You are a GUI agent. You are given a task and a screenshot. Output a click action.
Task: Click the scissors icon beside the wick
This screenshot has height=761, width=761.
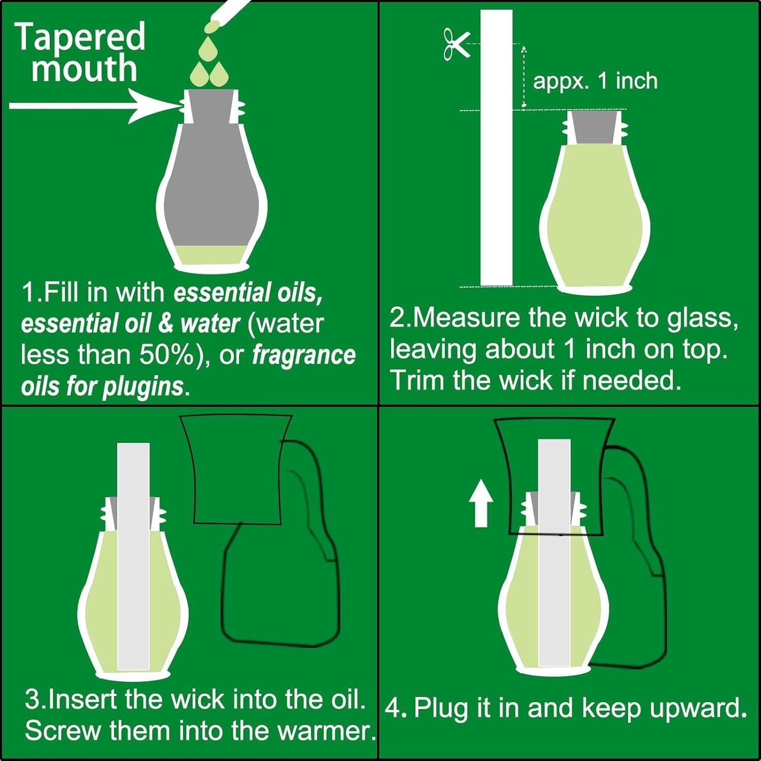point(456,44)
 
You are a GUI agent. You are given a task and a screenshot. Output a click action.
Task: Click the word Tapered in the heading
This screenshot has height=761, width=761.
point(81,37)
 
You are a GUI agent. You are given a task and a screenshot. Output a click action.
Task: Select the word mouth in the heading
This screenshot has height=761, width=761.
point(84,68)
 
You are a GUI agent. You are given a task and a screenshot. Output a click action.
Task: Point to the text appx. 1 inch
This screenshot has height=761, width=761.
point(595,81)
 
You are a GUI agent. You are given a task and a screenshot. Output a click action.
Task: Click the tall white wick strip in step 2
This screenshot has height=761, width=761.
point(496,148)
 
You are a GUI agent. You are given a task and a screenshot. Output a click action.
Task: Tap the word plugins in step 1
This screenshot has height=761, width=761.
point(143,387)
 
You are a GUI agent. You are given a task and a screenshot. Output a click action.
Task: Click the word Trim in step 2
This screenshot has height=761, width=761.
point(418,380)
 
